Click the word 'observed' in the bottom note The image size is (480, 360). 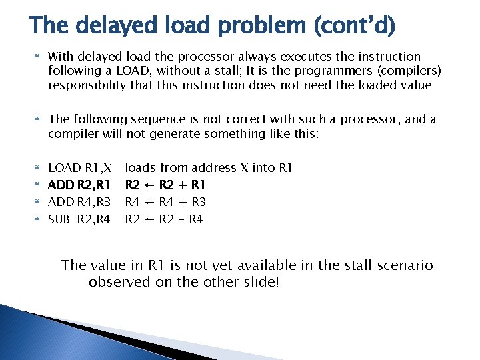[117, 282]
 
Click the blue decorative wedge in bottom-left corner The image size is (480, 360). [40, 333]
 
